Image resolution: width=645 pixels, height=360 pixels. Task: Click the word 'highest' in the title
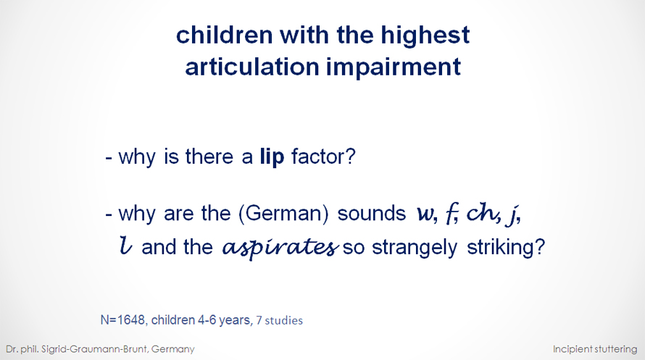(x=425, y=35)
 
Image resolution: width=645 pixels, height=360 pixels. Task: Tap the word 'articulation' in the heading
(x=252, y=66)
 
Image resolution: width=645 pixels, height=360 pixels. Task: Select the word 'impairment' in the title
(x=394, y=67)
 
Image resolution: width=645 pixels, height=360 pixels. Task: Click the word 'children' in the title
(x=224, y=35)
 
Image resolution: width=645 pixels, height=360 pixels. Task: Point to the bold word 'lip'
(x=272, y=157)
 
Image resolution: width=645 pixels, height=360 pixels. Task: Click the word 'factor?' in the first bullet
(x=323, y=156)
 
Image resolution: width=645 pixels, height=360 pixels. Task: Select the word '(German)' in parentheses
(x=284, y=214)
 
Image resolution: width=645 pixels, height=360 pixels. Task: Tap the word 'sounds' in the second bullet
(x=372, y=214)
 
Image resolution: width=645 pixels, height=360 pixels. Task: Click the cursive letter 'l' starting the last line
(x=126, y=246)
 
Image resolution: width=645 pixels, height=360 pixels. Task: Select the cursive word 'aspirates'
(x=280, y=248)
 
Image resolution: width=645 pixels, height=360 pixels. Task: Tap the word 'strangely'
(x=415, y=248)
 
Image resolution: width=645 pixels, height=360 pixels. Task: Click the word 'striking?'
(x=506, y=247)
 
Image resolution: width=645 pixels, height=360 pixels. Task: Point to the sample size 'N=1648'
(x=123, y=320)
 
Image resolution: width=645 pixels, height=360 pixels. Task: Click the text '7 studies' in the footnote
(x=279, y=321)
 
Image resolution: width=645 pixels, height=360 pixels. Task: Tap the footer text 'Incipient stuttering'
(x=595, y=349)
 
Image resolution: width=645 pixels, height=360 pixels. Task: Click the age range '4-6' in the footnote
(x=207, y=320)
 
